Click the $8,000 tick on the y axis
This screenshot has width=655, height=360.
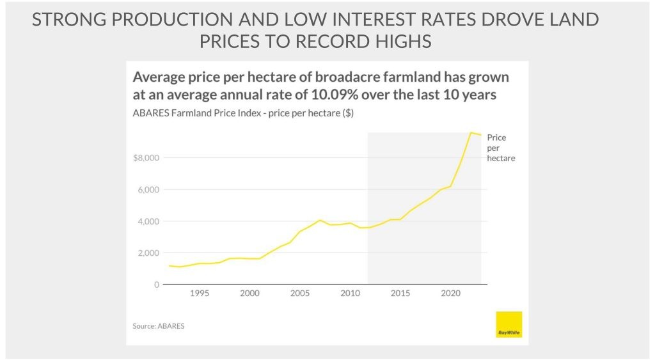pos(145,159)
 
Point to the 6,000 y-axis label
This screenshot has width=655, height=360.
pos(148,190)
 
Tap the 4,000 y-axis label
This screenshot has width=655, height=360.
pos(148,222)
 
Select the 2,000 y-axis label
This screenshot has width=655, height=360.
pos(148,253)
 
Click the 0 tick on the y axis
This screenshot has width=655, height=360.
pos(156,285)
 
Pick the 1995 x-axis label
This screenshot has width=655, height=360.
pos(199,293)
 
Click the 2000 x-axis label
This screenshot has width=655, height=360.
pos(249,293)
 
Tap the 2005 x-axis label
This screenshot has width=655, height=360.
pos(300,293)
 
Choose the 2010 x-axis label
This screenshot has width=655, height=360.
pos(350,293)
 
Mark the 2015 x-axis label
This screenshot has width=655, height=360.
pos(400,293)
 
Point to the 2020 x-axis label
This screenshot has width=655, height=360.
pos(451,293)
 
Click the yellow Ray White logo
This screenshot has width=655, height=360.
pos(509,324)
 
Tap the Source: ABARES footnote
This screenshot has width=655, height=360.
pos(159,326)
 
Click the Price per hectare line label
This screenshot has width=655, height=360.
pos(500,148)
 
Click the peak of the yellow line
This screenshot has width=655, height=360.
pos(471,132)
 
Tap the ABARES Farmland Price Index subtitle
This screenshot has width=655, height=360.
pos(243,114)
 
